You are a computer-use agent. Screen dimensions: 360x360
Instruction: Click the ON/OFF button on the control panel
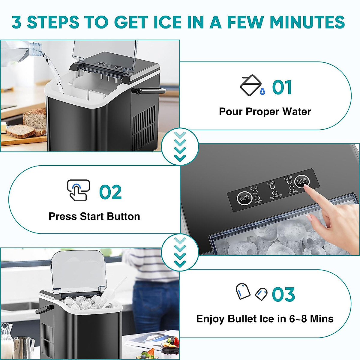(x=244, y=198)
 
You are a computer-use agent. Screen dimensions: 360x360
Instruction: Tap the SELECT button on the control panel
(x=301, y=181)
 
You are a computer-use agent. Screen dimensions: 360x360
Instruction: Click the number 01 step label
(x=282, y=88)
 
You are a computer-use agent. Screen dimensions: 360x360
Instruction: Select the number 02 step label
(x=110, y=193)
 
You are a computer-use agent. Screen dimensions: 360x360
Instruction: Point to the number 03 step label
(x=283, y=295)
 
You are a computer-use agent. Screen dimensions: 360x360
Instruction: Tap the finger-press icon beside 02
(x=78, y=190)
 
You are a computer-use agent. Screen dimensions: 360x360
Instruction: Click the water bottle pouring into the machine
(x=30, y=51)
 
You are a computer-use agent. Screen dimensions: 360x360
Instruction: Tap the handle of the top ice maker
(x=150, y=90)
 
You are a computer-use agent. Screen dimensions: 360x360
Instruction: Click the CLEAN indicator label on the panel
(x=288, y=178)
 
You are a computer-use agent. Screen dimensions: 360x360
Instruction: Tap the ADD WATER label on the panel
(x=276, y=196)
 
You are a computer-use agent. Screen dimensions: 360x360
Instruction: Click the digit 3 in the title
(x=17, y=22)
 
